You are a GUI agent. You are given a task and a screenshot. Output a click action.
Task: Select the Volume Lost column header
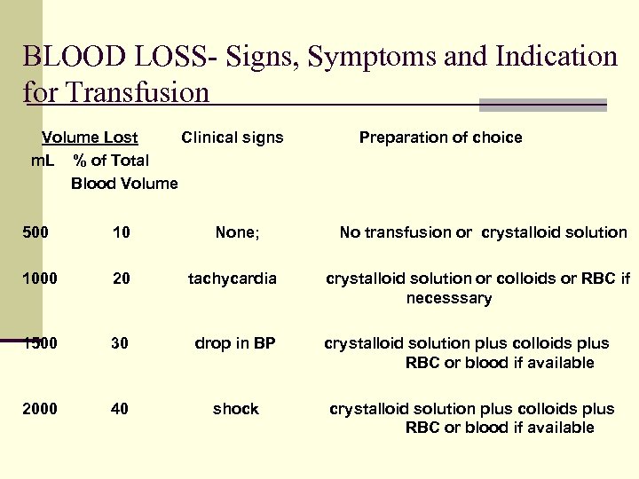[90, 137]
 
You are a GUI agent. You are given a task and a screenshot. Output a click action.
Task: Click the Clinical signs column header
[233, 137]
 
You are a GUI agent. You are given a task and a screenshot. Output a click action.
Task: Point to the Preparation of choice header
[440, 137]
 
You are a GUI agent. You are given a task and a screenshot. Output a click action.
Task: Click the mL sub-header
[43, 161]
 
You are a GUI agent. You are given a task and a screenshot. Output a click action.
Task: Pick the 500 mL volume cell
[35, 232]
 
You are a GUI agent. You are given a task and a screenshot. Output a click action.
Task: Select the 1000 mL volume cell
[40, 279]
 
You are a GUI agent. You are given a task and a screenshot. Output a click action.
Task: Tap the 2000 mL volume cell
[40, 409]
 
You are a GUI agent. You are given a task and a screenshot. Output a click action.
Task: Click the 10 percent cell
[122, 232]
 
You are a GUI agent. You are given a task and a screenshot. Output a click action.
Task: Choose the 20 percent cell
[122, 279]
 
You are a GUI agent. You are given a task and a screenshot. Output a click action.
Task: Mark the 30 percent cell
[122, 343]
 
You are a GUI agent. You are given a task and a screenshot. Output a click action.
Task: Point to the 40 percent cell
[122, 409]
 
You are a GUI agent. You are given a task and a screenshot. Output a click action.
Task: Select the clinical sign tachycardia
[233, 279]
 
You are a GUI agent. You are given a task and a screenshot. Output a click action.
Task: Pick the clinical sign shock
[235, 409]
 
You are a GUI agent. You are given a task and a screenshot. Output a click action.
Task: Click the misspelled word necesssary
[449, 298]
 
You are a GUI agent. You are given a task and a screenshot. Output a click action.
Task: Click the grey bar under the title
[542, 105]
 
